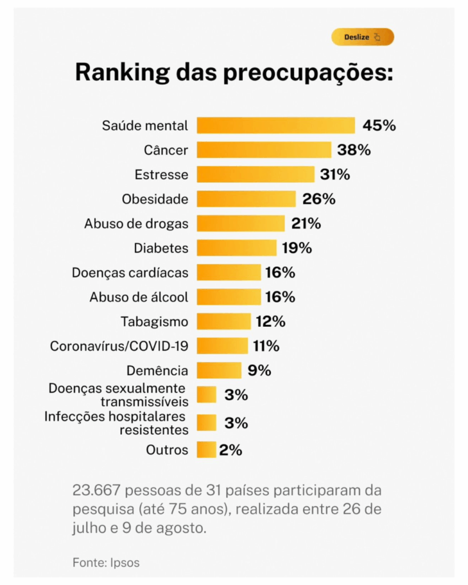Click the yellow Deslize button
[x=362, y=37]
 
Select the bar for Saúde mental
[x=275, y=126]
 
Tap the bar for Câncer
[x=264, y=150]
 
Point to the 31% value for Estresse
[x=335, y=175]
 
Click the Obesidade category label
[x=155, y=199]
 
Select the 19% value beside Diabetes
[x=297, y=248]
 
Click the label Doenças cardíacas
[x=130, y=273]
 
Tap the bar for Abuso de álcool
[x=229, y=297]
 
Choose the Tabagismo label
[x=154, y=322]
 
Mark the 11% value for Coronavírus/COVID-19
[x=266, y=346]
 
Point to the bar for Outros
[x=206, y=450]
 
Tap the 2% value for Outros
[x=231, y=450]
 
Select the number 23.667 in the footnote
[x=95, y=490]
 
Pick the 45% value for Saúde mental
[x=379, y=126]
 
